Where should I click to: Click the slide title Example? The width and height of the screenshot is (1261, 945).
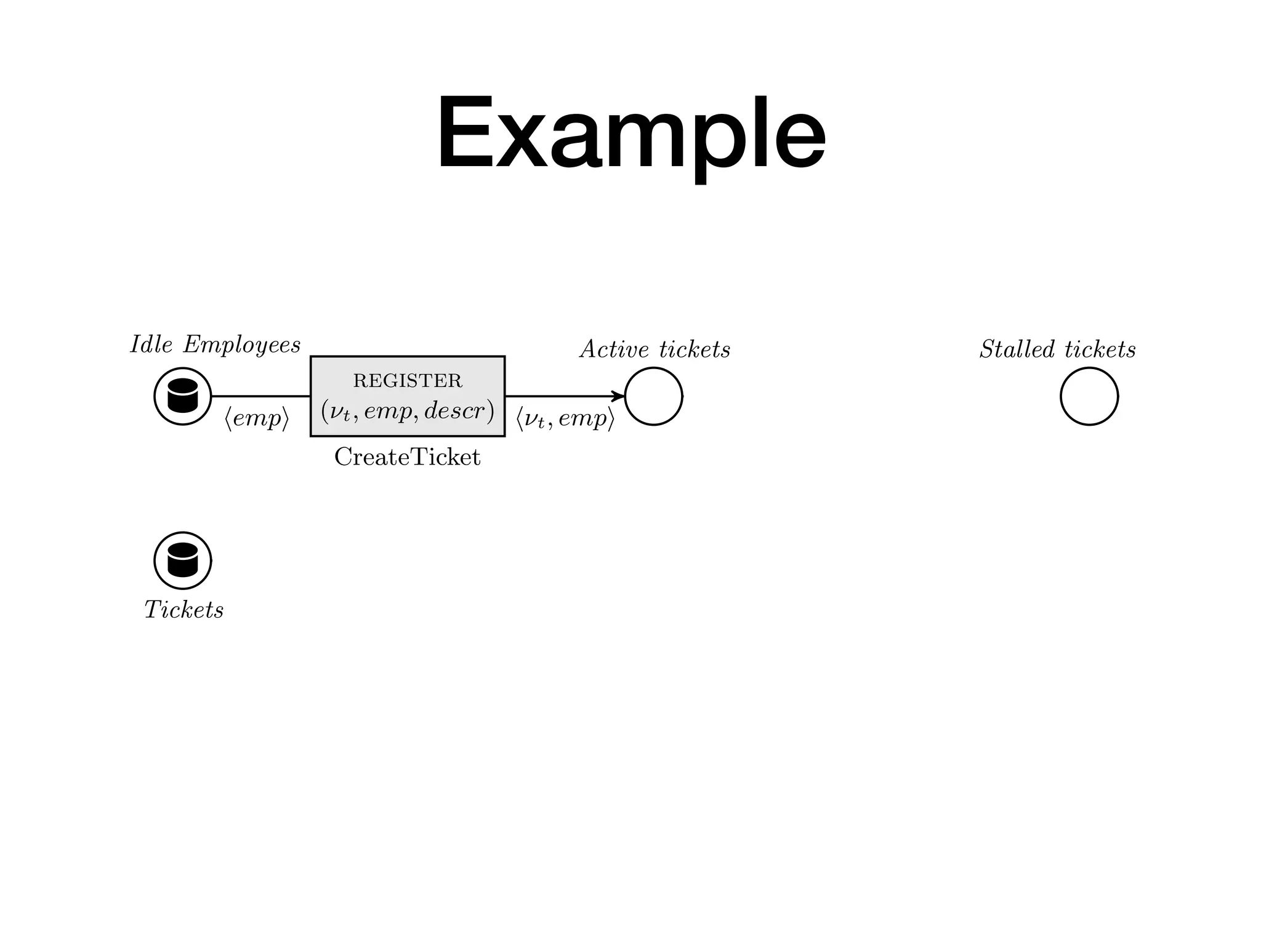[630, 134]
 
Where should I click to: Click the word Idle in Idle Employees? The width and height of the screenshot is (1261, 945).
[151, 345]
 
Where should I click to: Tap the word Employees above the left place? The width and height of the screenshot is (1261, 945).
[242, 345]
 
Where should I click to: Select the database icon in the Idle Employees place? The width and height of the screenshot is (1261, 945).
[183, 396]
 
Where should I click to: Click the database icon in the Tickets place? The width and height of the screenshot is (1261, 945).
[183, 560]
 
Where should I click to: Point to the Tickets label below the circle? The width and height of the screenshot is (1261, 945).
[183, 610]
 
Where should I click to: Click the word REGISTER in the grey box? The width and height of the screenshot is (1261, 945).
[408, 381]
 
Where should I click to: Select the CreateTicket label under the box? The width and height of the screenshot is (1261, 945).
[407, 457]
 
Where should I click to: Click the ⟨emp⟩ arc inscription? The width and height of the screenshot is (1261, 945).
[256, 418]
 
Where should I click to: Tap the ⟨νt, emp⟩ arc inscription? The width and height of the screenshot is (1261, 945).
[565, 418]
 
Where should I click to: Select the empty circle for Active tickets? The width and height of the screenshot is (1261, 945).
[653, 396]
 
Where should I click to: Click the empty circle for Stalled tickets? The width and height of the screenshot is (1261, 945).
[1089, 396]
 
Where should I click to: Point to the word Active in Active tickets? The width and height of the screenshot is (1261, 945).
[614, 349]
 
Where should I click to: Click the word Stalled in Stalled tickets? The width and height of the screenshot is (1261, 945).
[1017, 349]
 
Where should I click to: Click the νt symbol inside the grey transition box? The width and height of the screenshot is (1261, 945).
[340, 412]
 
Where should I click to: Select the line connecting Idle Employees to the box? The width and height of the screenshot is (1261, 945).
[260, 396]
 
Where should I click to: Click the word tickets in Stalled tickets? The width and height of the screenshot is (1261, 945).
[1100, 349]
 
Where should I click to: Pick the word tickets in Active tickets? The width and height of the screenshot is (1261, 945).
[695, 349]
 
